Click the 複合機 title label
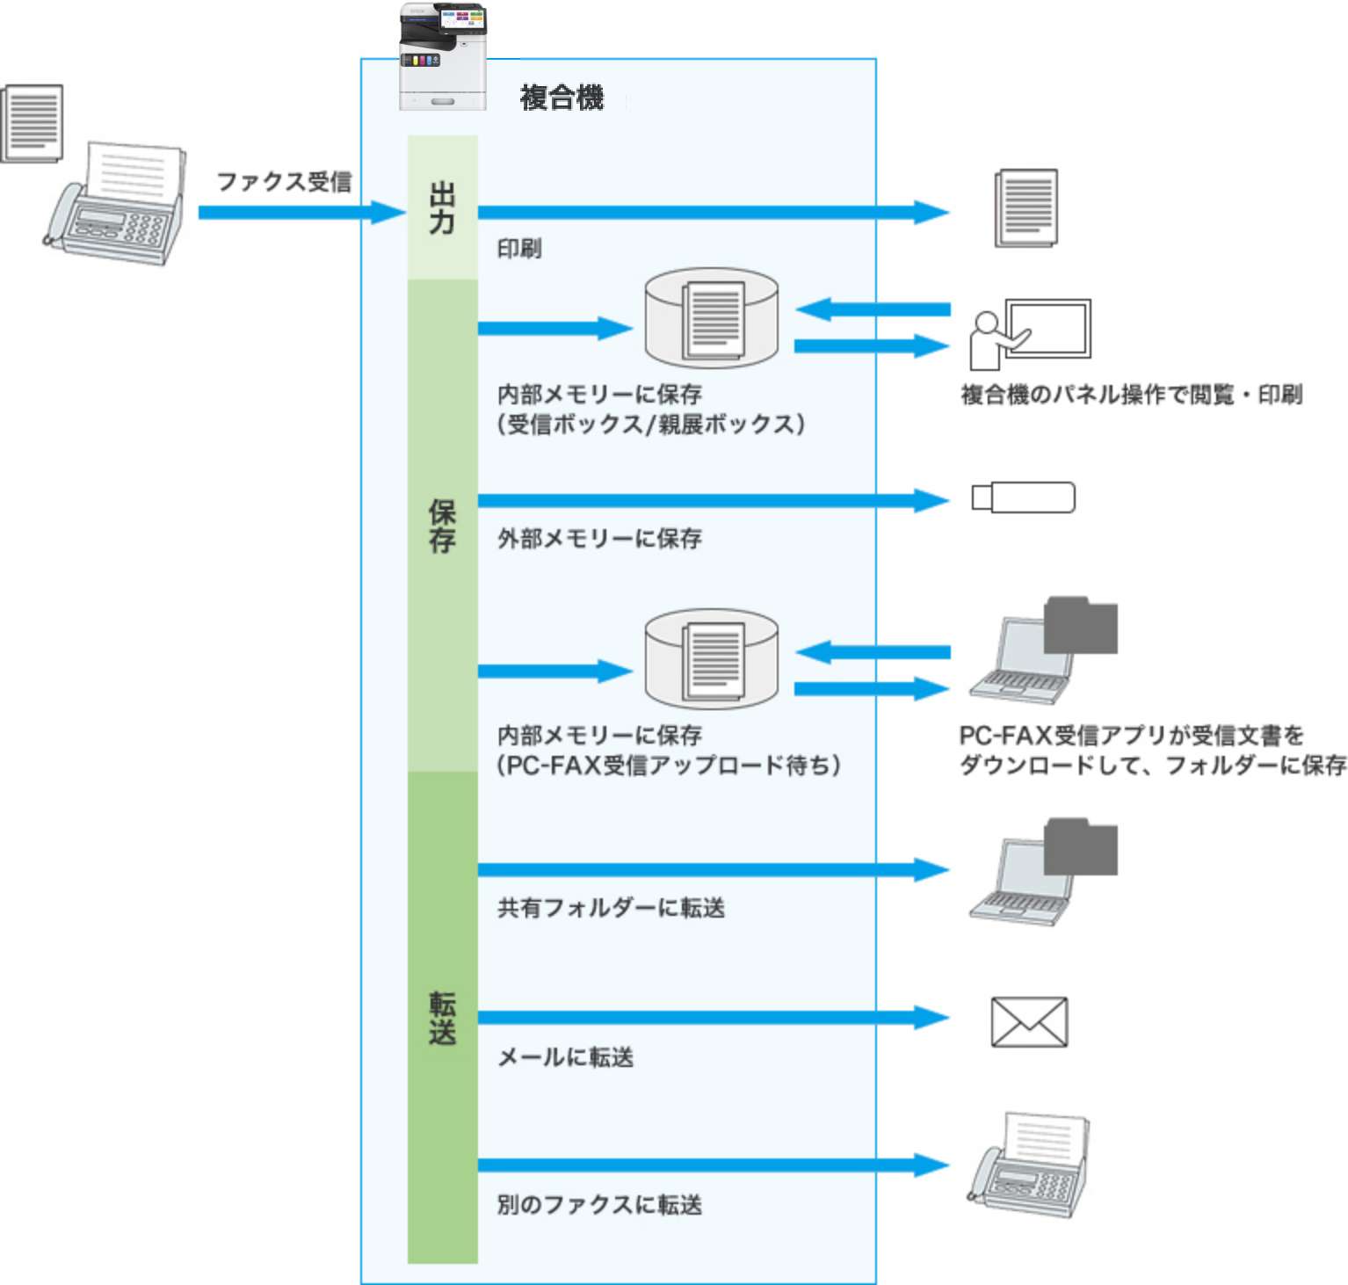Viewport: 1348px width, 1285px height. point(562,98)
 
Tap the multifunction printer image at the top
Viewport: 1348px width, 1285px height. point(443,56)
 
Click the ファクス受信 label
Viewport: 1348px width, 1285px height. point(284,182)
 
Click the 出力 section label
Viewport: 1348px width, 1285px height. point(442,207)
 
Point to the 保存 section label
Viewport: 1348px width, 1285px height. point(442,526)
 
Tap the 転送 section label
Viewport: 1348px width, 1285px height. point(442,1018)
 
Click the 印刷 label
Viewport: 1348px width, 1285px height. point(519,249)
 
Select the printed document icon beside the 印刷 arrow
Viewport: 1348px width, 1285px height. point(1025,208)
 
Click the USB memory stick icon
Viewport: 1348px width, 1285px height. point(1023,497)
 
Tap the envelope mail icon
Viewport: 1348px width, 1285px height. point(1029,1021)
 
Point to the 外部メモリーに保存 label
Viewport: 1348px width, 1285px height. point(599,538)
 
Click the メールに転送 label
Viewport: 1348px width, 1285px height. point(565,1056)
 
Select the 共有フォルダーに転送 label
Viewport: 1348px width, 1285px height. point(611,908)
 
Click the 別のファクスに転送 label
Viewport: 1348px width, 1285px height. point(599,1204)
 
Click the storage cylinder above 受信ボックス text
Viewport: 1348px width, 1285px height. point(711,318)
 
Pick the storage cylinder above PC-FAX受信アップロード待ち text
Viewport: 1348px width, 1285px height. point(711,659)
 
